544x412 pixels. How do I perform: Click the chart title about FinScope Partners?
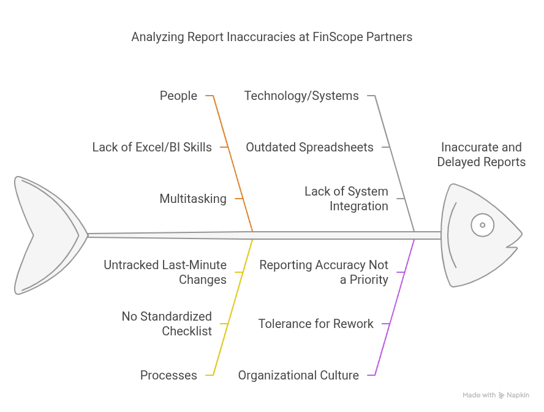[x=271, y=37]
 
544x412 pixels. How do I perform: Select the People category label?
[x=178, y=96]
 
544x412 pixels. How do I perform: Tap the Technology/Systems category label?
[x=301, y=96]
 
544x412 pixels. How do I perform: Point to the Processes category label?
[x=168, y=375]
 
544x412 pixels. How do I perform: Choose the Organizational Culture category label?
[x=298, y=375]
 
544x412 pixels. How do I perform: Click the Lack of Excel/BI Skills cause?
[x=152, y=147]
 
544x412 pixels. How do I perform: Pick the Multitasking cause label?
[x=193, y=199]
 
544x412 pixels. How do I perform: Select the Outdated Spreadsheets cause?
[x=309, y=147]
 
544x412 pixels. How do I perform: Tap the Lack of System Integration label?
[x=346, y=199]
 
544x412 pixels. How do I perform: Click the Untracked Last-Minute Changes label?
[x=165, y=272]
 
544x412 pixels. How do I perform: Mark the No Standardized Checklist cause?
[x=167, y=324]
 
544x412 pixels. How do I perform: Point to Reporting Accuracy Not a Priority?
[x=323, y=272]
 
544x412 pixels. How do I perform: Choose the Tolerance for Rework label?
[x=315, y=324]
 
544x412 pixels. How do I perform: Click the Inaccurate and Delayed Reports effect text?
[x=481, y=154]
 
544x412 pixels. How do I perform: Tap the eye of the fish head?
[x=482, y=225]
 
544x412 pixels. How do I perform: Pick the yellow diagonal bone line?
[x=233, y=307]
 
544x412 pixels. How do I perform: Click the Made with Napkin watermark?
[x=496, y=395]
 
